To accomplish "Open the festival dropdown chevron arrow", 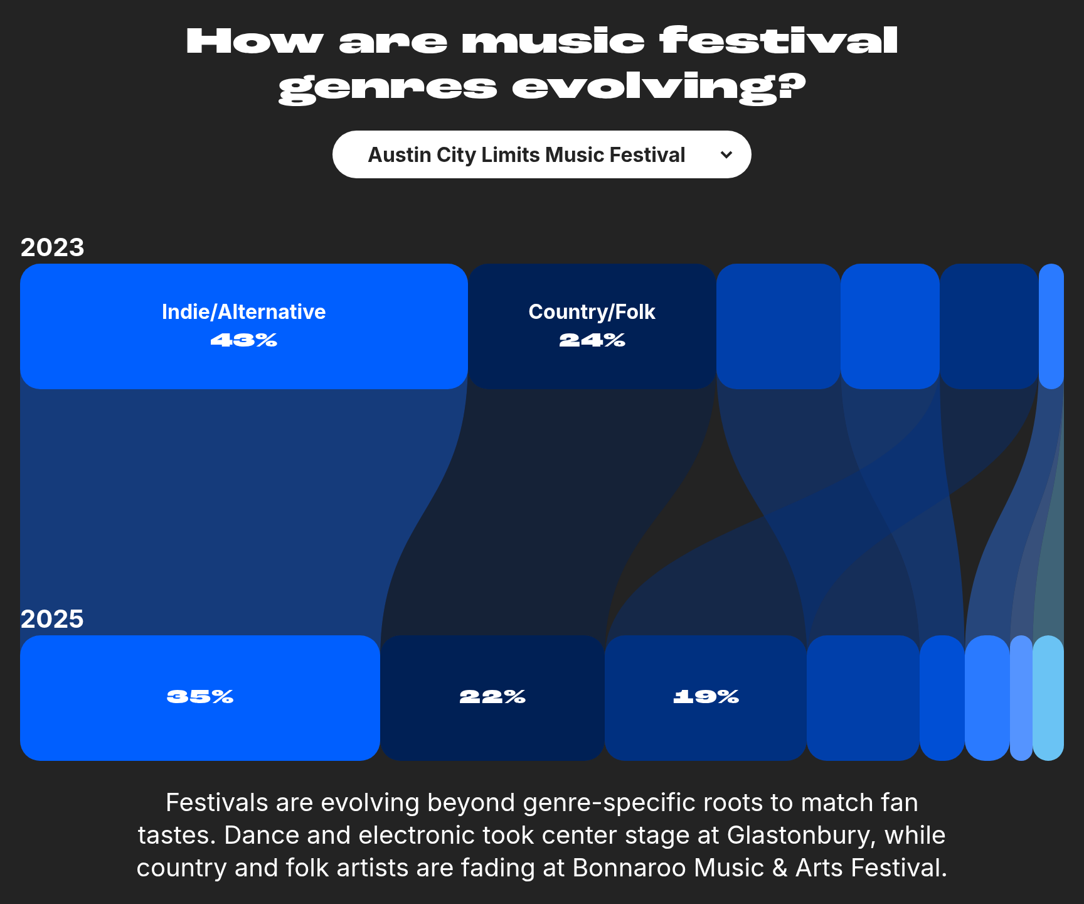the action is coord(726,154).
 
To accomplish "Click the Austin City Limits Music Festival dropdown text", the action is coord(526,155).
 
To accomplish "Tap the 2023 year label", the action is coord(53,247).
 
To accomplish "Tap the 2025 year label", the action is coord(53,619).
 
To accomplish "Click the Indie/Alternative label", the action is coord(244,312).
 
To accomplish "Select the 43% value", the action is coord(244,340).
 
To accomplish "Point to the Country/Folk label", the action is coord(592,312).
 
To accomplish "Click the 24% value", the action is coord(592,340).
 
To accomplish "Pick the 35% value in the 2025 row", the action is coord(200,697).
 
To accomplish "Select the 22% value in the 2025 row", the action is coord(492,697).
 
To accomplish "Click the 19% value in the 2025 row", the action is coord(706,697).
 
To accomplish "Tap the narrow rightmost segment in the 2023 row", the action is coord(1051,326).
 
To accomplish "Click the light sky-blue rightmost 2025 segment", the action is coord(1048,698).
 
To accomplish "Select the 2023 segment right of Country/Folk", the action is coord(778,326).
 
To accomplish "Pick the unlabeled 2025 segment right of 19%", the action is coord(863,698).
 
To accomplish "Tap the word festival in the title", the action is coord(778,41).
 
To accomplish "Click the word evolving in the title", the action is coord(659,87).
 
